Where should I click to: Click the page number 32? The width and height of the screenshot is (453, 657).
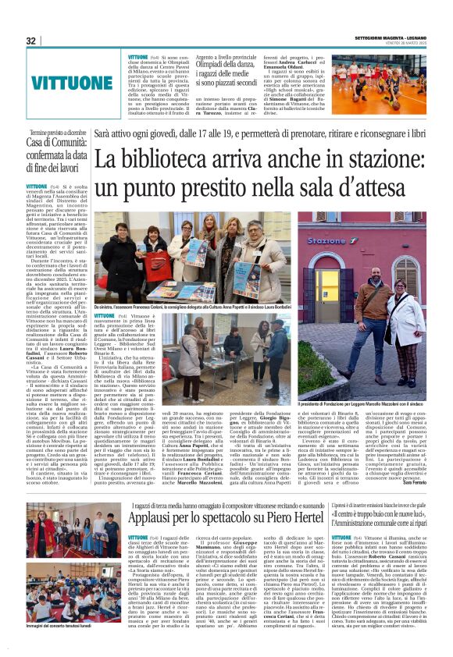[x=31, y=41]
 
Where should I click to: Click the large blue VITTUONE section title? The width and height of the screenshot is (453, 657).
[x=72, y=80]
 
